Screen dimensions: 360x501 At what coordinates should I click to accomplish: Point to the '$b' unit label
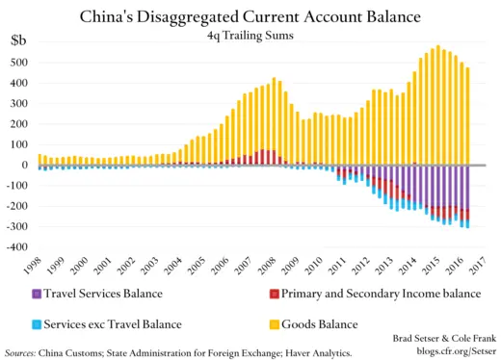[18, 40]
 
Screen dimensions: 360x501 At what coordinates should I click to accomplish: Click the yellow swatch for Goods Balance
[275, 324]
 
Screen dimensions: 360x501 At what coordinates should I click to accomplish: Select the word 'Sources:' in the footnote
[24, 351]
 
